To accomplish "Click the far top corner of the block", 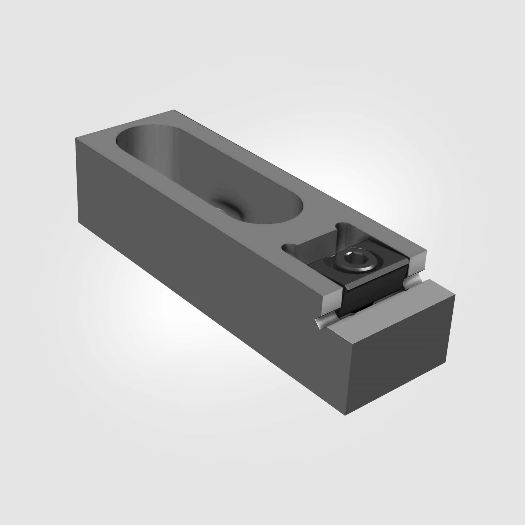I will point(174,110).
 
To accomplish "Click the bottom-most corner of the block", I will point(345,415).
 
